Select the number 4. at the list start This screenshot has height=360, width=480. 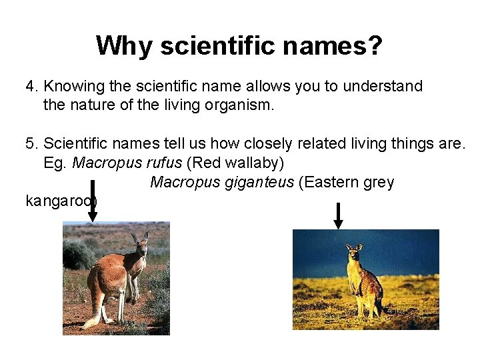click(x=33, y=87)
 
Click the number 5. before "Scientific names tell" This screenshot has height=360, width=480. click(x=33, y=144)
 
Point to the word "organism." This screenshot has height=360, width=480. click(x=241, y=105)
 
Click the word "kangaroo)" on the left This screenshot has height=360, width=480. click(x=61, y=201)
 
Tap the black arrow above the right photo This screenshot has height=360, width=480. click(x=338, y=215)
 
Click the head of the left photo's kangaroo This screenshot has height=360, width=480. click(x=140, y=244)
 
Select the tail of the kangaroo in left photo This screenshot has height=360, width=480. click(x=93, y=313)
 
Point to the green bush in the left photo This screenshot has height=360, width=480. click(x=78, y=254)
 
